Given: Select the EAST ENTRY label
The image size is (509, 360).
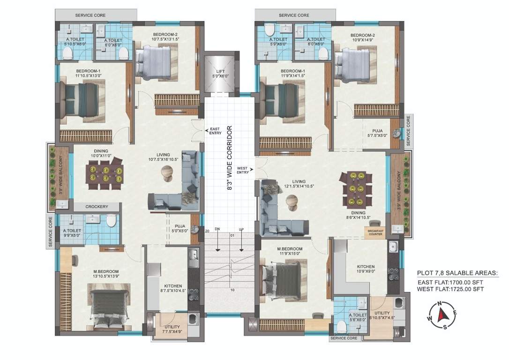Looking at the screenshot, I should [215, 131].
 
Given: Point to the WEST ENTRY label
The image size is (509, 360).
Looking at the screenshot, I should [243, 170].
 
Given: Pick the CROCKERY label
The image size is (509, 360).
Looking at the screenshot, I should [97, 207].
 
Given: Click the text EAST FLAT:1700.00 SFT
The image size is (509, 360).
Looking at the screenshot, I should [452, 282].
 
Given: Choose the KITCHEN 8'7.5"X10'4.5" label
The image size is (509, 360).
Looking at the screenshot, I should [170, 289].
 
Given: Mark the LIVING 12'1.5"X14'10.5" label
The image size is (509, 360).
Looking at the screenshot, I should [299, 184].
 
